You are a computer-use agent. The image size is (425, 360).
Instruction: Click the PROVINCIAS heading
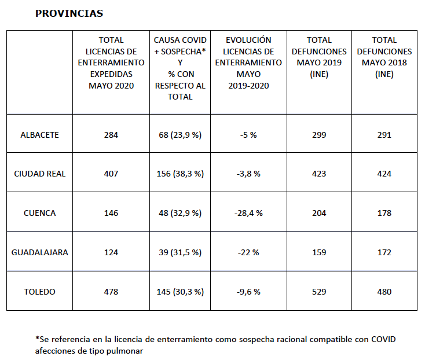click(69, 13)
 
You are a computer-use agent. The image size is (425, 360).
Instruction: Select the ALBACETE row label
click(39, 135)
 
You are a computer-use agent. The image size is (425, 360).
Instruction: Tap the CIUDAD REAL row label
click(39, 174)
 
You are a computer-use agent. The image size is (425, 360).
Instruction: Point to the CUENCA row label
click(39, 213)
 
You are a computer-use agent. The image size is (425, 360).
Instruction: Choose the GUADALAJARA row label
click(39, 252)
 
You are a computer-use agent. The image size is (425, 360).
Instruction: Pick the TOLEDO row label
click(39, 292)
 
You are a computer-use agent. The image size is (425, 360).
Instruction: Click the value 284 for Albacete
click(111, 135)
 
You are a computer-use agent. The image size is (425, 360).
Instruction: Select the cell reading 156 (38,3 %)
click(179, 174)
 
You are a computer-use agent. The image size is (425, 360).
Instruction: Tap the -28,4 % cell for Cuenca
click(248, 213)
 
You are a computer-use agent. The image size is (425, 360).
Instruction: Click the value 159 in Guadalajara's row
click(319, 252)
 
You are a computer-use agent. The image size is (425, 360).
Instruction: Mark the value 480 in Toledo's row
click(384, 292)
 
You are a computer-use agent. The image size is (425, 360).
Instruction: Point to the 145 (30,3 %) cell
click(179, 292)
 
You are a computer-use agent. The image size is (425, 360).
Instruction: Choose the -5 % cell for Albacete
click(248, 135)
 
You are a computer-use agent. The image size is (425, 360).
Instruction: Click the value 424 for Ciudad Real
click(384, 174)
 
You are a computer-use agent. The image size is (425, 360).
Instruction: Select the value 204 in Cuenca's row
click(319, 213)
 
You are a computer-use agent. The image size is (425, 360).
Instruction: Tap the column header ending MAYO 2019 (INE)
click(319, 57)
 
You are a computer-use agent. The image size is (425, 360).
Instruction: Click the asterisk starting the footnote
click(37, 338)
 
